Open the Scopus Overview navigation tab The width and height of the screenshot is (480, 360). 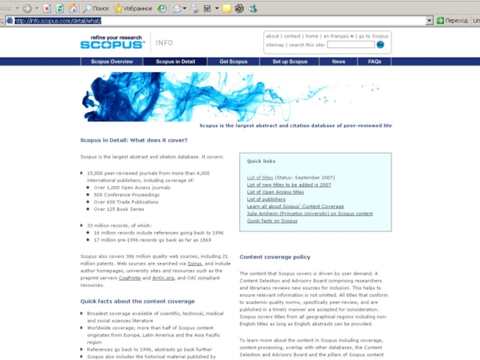tap(112, 62)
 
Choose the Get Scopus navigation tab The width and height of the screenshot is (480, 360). tap(233, 62)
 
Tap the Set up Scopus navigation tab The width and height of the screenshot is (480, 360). tap(290, 62)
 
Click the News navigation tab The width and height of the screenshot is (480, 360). tap(338, 62)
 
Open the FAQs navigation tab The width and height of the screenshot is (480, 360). tap(374, 62)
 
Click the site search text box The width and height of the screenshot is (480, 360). tap(350, 45)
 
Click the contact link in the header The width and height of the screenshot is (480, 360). tap(292, 36)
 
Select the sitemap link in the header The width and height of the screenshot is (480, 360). tap(275, 45)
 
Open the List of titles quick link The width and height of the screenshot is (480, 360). tap(260, 178)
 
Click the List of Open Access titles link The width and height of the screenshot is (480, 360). tap(275, 192)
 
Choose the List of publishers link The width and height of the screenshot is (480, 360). tap(266, 199)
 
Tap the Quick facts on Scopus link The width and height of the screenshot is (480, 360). tap(272, 221)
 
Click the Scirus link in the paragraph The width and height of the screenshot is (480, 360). tap(194, 263)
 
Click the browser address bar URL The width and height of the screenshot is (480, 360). tap(58, 21)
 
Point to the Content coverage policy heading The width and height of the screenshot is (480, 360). tap(275, 257)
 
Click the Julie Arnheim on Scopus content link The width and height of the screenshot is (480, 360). tap(310, 214)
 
